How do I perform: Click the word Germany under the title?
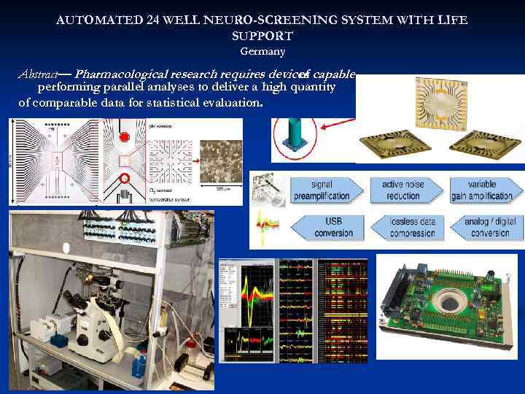[x=262, y=52]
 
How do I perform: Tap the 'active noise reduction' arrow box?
[x=405, y=190]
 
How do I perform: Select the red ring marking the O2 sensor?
[x=124, y=178]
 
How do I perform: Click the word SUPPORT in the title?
[x=262, y=36]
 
